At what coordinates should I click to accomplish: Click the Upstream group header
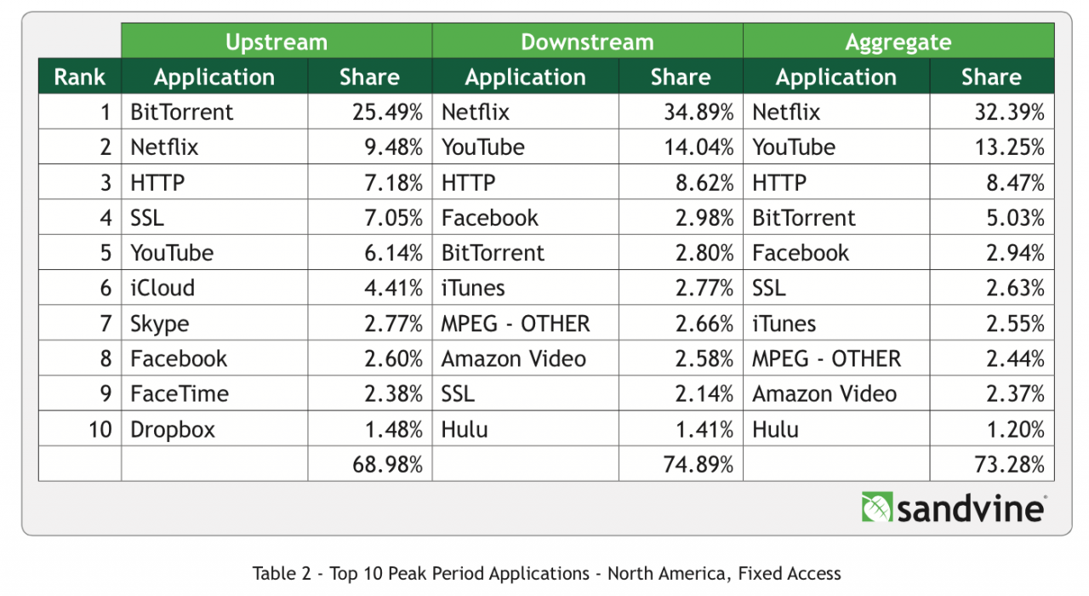(276, 42)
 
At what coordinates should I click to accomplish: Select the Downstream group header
(587, 42)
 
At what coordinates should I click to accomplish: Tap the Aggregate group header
(898, 42)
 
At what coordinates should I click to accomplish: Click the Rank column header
(79, 77)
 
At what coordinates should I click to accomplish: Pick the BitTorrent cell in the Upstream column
(181, 112)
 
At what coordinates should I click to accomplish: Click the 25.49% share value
(387, 112)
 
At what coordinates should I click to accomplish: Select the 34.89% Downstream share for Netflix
(698, 112)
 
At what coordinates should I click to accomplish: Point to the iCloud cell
(162, 288)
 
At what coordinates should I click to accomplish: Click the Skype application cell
(160, 324)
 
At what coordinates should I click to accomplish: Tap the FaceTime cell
(180, 394)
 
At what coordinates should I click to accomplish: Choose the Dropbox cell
(173, 430)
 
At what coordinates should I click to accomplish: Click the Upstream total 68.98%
(387, 465)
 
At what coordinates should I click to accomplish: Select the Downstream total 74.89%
(698, 465)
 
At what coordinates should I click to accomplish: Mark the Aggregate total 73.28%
(1009, 465)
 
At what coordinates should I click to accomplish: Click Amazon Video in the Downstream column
(513, 359)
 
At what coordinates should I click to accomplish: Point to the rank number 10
(100, 430)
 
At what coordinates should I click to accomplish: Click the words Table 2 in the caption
(280, 573)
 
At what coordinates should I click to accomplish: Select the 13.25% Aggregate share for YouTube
(1009, 147)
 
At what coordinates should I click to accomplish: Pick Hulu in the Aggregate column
(775, 430)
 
